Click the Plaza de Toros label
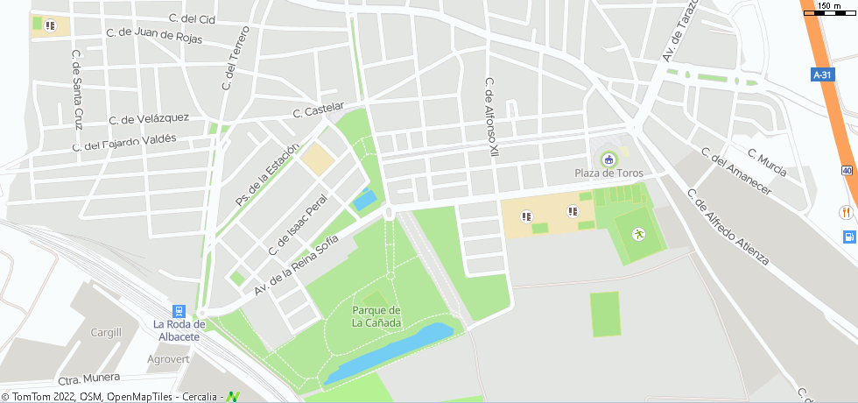point(608,173)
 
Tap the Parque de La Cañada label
point(376,316)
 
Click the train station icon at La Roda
point(179,311)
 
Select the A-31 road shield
point(822,75)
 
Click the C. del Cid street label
point(191,18)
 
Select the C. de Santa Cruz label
point(77,88)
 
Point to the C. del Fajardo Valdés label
point(126,141)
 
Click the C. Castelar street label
point(316,112)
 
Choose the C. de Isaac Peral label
point(297,225)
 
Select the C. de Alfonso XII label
point(492,117)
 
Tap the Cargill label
point(106,332)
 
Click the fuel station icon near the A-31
point(847,237)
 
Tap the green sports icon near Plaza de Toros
point(639,233)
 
